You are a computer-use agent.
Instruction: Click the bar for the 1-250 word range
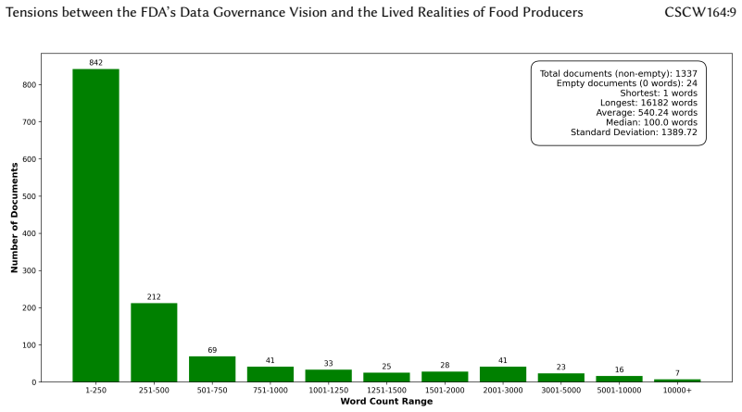click(x=95, y=225)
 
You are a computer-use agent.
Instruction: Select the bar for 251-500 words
click(x=154, y=342)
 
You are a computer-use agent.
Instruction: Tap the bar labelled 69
click(x=212, y=369)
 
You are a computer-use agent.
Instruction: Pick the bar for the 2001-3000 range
click(x=503, y=374)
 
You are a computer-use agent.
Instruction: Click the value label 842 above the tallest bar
click(x=95, y=62)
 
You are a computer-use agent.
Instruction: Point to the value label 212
click(x=154, y=296)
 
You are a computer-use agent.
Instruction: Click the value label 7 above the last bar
click(x=677, y=373)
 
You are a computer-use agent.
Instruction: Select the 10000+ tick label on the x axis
click(x=677, y=390)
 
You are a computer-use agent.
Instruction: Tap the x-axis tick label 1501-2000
click(x=445, y=390)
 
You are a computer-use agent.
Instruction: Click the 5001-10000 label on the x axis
click(x=619, y=390)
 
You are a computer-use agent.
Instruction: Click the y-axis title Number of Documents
click(x=14, y=218)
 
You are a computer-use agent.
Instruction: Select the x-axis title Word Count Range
click(x=386, y=401)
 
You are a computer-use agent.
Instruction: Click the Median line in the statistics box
click(x=651, y=122)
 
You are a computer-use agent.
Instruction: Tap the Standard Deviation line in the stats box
click(x=634, y=132)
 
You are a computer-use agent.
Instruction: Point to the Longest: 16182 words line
click(x=648, y=103)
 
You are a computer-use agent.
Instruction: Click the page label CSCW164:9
click(x=700, y=12)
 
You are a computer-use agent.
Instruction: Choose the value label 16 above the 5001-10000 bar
click(x=619, y=369)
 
